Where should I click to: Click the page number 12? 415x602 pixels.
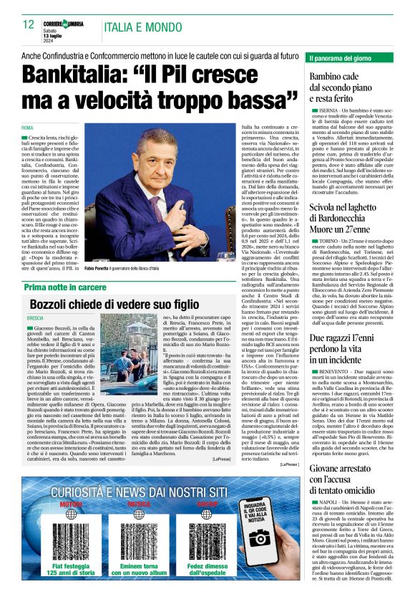[x=29, y=24]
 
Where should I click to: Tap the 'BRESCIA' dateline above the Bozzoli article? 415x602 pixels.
[x=35, y=317]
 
